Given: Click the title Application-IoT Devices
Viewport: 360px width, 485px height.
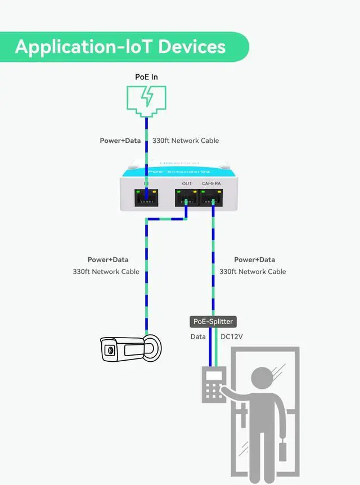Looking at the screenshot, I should (x=120, y=46).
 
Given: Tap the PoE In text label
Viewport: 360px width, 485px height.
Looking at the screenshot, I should (x=146, y=77).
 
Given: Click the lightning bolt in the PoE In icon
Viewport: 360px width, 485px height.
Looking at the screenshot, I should (x=147, y=97).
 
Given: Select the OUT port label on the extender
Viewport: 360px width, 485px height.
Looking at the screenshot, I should (x=187, y=183).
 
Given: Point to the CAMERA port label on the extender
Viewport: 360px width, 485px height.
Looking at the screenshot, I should (x=211, y=183).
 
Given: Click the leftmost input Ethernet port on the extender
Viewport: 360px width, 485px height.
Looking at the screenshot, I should (x=146, y=197).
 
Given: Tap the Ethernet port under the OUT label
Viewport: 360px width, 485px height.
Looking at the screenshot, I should (x=186, y=197).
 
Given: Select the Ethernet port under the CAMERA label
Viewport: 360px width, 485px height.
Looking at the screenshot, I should (x=211, y=197).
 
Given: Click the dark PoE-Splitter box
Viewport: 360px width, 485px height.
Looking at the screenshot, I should (x=213, y=321).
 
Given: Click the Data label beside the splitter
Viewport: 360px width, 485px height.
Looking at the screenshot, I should (x=198, y=336).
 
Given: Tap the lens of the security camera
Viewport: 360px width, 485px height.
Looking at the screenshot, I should (x=109, y=351).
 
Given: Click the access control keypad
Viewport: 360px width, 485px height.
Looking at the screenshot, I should (x=213, y=385).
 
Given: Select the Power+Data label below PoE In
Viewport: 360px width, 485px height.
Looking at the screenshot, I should (x=120, y=141).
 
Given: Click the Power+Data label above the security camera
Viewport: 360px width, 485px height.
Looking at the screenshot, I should (x=108, y=259).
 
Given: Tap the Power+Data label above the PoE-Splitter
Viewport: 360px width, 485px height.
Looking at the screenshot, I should (x=254, y=259).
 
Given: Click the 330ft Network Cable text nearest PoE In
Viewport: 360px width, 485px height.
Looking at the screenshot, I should (x=186, y=141).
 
